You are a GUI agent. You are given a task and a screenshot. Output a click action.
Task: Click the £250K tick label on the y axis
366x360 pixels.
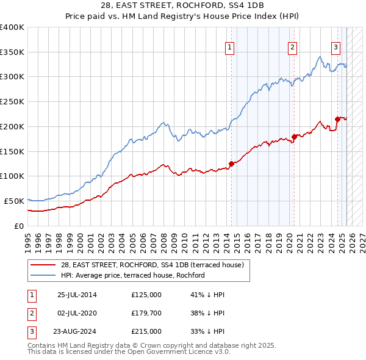(x=12, y=101)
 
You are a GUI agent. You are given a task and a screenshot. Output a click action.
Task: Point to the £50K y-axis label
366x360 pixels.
(x=13, y=201)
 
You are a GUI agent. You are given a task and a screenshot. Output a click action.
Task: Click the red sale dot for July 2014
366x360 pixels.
(x=231, y=163)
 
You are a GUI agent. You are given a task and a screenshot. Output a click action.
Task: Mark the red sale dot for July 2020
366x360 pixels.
(x=293, y=136)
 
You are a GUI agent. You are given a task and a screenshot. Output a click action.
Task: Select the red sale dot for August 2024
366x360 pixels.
(x=337, y=118)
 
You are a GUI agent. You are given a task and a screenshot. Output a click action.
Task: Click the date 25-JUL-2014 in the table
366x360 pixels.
(x=77, y=295)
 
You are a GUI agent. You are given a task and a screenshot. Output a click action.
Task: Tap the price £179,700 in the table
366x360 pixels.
(x=146, y=313)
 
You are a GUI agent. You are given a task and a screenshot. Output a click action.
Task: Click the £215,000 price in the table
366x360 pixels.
(x=146, y=331)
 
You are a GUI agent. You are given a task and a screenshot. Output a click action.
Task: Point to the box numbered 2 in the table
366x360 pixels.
(x=30, y=313)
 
